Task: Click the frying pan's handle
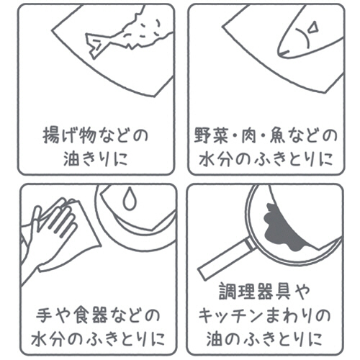pos(225,260)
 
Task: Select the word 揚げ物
pos(69,135)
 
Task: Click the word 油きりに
pos(95,158)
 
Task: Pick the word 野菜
pos(211,135)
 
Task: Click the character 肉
pos(249,135)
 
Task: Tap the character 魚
pos(278,135)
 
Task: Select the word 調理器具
pos(255,292)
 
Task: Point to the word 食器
pos(91,315)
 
